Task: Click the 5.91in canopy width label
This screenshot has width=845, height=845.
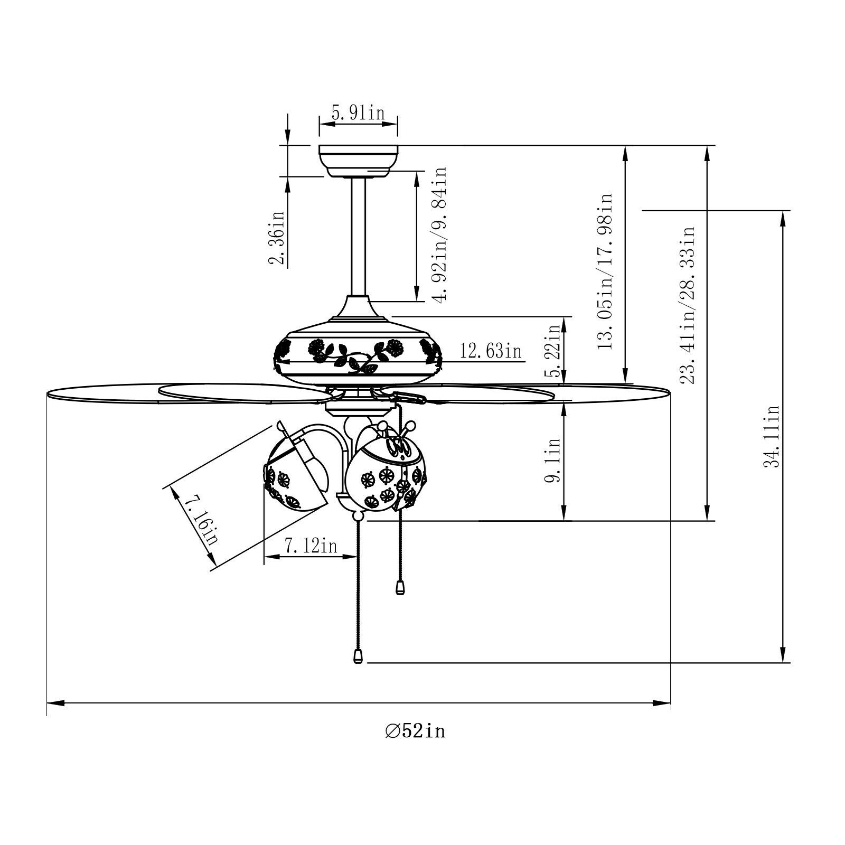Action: (x=358, y=113)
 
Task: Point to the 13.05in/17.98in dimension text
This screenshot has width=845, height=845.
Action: (x=605, y=271)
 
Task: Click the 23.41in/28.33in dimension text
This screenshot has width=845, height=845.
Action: (x=689, y=305)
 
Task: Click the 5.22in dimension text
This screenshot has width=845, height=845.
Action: (x=555, y=350)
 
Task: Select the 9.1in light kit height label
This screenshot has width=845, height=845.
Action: (x=555, y=459)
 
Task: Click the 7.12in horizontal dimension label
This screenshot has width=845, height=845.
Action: (x=311, y=546)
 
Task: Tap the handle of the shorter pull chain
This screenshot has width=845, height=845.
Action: (x=400, y=588)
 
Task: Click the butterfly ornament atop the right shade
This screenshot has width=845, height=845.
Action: (x=397, y=444)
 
